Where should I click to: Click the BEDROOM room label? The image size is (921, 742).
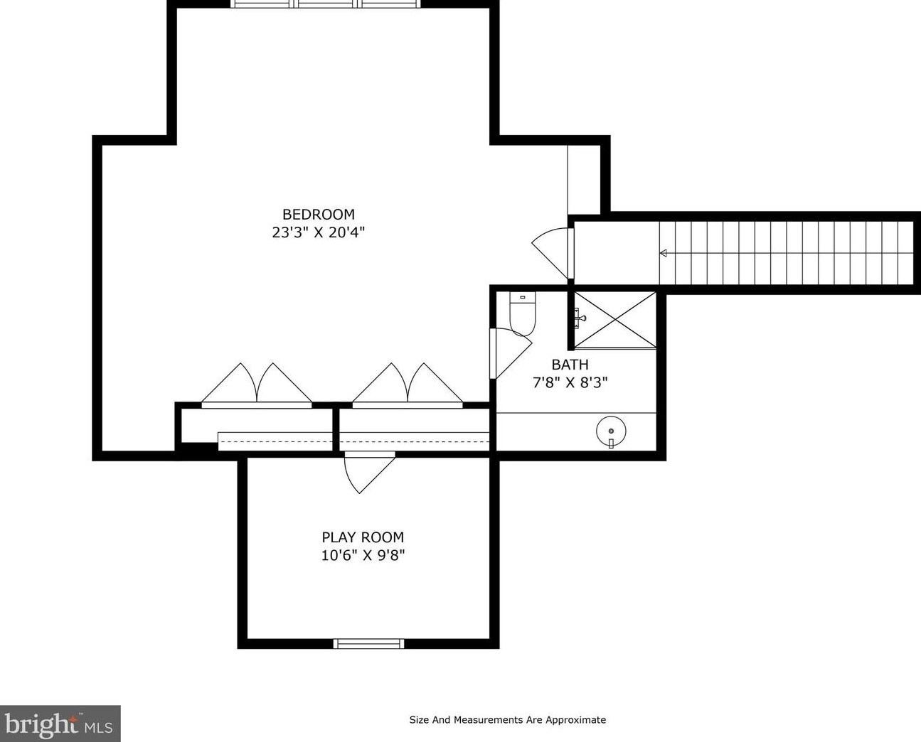(x=319, y=214)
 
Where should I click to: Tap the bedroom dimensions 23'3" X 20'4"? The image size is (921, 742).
(x=319, y=232)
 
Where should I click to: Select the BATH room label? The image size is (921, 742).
(x=570, y=365)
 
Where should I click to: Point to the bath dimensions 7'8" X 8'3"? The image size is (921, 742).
(x=570, y=382)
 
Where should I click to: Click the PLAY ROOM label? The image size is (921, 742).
(x=363, y=537)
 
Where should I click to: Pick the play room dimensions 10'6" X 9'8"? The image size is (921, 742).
(x=363, y=556)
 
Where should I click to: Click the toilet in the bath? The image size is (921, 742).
(x=523, y=314)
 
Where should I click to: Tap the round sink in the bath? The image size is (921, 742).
(x=611, y=431)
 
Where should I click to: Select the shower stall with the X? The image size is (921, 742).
(x=615, y=319)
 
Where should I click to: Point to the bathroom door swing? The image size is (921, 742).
(x=511, y=353)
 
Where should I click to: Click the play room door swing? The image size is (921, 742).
(x=370, y=472)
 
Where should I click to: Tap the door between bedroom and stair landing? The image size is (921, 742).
(x=553, y=253)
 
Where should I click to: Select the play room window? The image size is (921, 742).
(x=368, y=643)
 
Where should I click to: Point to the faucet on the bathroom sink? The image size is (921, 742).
(x=611, y=443)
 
